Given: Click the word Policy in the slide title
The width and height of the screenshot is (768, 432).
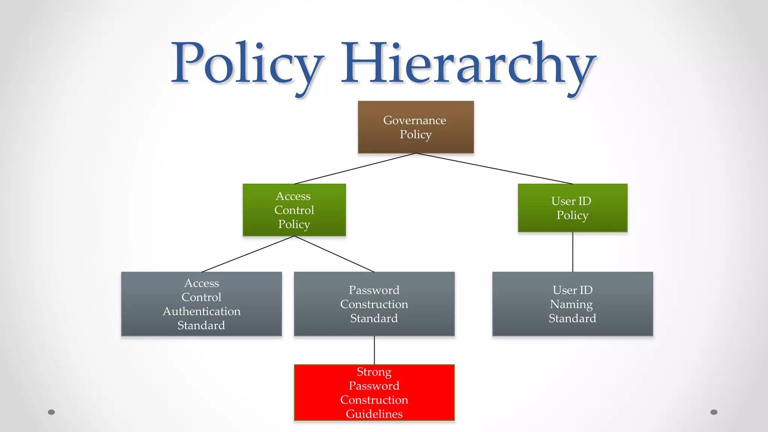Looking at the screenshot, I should [x=247, y=64].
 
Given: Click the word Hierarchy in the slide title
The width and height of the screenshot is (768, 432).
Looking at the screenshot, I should [x=467, y=64].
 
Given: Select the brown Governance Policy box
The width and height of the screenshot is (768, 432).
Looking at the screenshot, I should [x=415, y=127].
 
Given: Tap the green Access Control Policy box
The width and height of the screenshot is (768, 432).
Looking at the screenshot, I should [x=294, y=210].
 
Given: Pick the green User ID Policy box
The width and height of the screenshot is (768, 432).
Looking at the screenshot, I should [x=572, y=208].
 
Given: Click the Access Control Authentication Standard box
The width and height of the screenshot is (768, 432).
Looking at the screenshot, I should [x=201, y=304].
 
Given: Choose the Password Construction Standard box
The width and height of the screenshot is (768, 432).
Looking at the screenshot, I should [x=374, y=304].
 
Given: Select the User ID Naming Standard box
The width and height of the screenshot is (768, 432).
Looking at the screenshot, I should [x=572, y=304].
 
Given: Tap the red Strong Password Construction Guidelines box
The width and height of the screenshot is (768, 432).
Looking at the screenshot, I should [x=374, y=392].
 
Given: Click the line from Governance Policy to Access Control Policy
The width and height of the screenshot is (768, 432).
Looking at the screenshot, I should [x=355, y=169].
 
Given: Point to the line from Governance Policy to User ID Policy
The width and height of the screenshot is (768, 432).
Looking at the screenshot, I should [x=494, y=168].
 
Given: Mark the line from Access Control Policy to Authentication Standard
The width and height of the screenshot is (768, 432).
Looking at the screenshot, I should [x=248, y=254].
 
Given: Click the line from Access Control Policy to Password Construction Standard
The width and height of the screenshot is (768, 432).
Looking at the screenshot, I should [x=334, y=254].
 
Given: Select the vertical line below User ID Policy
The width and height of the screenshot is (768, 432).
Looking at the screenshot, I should [x=573, y=252].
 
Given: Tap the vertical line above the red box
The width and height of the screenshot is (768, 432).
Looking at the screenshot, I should [x=374, y=350].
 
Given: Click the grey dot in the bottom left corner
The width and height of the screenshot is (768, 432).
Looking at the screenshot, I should [x=51, y=412].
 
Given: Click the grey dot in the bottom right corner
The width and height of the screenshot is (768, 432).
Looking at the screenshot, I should [x=714, y=412].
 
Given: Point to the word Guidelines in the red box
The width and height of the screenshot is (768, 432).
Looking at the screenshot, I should [x=374, y=414].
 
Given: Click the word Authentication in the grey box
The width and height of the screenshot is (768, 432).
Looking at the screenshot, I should [x=201, y=311].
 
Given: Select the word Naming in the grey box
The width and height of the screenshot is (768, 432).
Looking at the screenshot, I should [x=571, y=304].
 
